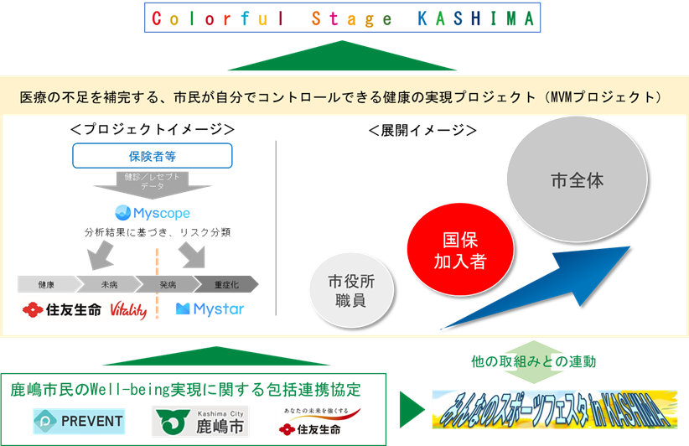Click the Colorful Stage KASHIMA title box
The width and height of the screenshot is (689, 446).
[342, 18]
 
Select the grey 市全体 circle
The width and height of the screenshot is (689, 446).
[577, 181]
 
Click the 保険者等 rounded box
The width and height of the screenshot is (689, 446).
[152, 156]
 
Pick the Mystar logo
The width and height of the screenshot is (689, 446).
[210, 309]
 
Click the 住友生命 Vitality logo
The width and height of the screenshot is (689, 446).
[85, 309]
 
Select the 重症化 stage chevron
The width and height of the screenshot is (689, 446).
[225, 284]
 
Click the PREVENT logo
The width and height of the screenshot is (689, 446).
[79, 421]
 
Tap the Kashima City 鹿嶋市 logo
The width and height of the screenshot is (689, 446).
[199, 421]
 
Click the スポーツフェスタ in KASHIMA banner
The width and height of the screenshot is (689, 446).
[554, 408]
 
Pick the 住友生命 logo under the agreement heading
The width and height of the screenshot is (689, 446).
[318, 421]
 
